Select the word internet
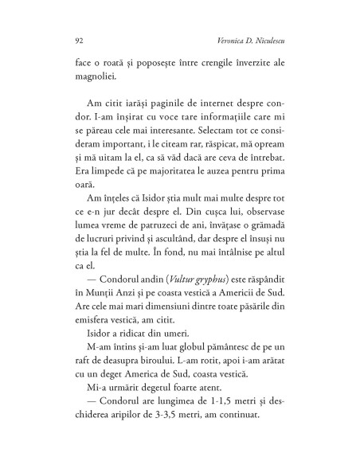(x=206, y=118)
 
